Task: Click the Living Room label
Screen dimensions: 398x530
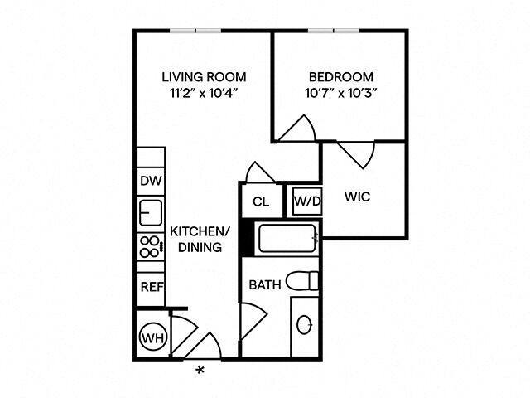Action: point(204,77)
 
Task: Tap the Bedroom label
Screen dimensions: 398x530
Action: point(340,77)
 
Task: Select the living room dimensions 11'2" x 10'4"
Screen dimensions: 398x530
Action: point(204,93)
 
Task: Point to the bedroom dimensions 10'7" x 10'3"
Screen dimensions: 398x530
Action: point(340,93)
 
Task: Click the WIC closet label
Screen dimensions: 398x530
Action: point(357,197)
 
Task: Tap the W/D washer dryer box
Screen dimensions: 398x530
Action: point(306,200)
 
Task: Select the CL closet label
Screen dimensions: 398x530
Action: point(260,201)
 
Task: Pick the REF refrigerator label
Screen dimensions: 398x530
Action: point(150,287)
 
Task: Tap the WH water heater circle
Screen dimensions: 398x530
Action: point(151,337)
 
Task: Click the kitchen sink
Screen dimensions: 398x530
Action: point(150,213)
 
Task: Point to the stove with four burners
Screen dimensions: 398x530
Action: point(150,246)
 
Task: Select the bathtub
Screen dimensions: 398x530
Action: point(287,240)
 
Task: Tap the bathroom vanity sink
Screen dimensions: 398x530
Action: point(304,324)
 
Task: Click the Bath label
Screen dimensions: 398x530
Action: point(265,285)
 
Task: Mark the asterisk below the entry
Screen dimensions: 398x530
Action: point(199,369)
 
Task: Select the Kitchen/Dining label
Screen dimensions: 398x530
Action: point(196,239)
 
